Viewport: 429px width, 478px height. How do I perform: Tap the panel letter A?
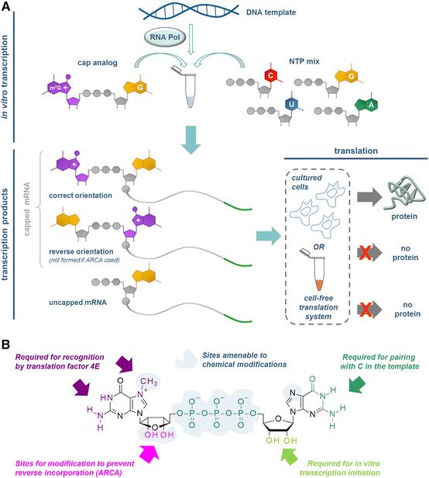[x=7, y=8]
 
